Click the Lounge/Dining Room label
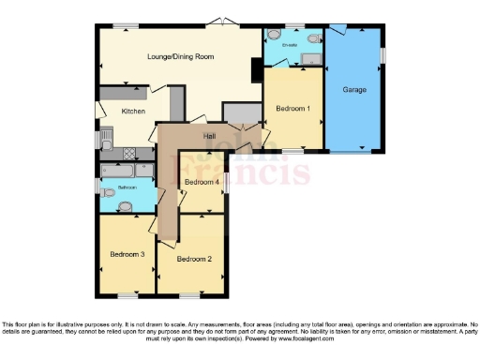click(181, 57)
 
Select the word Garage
click(353, 90)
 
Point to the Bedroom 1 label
click(292, 109)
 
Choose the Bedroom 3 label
click(127, 254)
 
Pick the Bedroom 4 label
click(202, 181)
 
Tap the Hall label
click(198, 137)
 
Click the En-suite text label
click(289, 45)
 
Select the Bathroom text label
click(127, 187)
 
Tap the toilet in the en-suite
click(274, 35)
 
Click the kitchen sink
click(106, 142)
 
